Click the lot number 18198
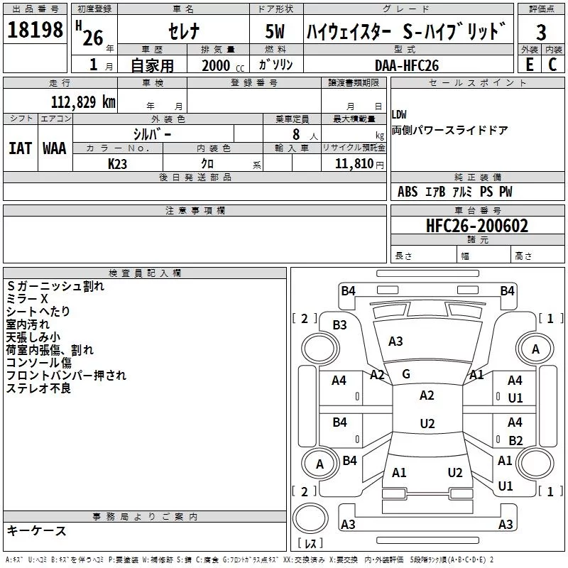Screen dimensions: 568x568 35,30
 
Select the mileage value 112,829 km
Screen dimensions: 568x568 83,102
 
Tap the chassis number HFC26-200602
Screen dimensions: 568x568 477,226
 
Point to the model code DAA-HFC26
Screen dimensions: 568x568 406,65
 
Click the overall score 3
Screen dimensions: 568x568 541,33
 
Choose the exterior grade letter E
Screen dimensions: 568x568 529,65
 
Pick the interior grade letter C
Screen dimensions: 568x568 552,65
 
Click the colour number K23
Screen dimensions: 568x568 117,164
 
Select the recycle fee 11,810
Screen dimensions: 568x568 354,164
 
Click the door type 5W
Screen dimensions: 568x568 275,31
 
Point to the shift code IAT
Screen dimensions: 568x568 20,148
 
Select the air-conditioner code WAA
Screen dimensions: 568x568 55,148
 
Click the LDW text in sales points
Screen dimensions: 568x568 399,115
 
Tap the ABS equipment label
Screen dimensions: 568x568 408,192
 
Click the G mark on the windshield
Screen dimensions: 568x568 406,374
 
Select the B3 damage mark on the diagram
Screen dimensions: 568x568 339,325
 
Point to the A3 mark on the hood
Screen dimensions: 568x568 395,342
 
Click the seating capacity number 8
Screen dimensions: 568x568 296,134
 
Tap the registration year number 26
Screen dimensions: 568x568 93,38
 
